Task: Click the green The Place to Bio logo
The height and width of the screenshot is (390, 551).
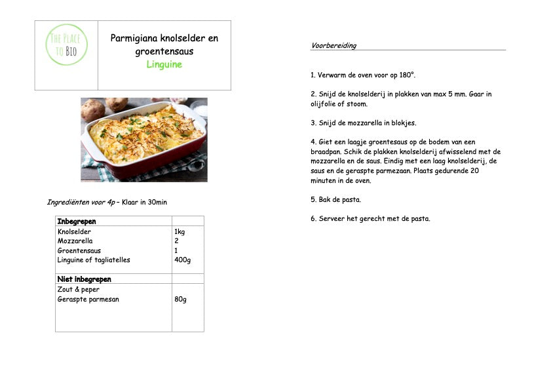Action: coord(66,44)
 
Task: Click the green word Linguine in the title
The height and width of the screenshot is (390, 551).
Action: coord(164,64)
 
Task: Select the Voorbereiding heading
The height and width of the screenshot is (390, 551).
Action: coord(333,46)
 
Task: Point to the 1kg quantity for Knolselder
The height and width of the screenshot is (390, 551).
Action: coord(180,231)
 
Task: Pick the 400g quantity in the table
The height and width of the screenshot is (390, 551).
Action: coord(183,260)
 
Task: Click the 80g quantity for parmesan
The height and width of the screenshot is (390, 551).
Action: coord(180,300)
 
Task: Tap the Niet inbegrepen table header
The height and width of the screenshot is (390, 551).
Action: coord(84,279)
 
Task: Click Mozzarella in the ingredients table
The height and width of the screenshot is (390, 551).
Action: coord(75,241)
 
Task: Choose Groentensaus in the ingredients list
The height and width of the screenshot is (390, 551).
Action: coord(79,250)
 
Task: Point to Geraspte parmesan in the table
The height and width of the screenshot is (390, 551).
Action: coord(88,300)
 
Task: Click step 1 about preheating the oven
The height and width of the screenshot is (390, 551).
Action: coord(363,75)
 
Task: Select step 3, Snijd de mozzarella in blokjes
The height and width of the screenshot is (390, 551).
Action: coord(363,123)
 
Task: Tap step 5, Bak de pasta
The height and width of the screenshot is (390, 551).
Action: coord(335,199)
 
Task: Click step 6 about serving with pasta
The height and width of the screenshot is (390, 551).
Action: coord(370,218)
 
